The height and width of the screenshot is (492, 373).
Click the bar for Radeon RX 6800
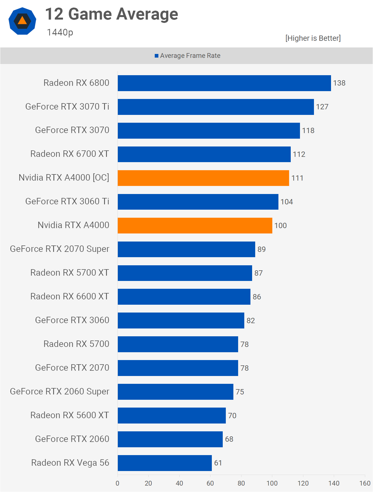224,83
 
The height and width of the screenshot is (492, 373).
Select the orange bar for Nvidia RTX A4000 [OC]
203,178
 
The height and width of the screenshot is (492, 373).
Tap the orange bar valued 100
195,226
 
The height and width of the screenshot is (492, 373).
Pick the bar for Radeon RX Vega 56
165,463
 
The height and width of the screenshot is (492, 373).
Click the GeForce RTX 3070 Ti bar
216,107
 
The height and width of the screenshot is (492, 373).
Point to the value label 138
339,83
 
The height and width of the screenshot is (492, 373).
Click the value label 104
287,202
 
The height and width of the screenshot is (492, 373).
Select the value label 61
218,463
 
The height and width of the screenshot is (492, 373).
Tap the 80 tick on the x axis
241,483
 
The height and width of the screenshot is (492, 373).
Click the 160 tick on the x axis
365,483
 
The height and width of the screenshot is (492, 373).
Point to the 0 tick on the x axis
118,483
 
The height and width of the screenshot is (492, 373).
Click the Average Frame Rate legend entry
187,56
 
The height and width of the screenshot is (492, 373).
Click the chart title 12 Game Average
112,14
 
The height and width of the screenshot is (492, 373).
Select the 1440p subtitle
60,32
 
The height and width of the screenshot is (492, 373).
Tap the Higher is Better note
313,38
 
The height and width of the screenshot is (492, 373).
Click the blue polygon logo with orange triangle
22,21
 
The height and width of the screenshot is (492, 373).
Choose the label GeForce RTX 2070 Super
60,249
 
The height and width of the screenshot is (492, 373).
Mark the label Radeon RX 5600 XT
70,415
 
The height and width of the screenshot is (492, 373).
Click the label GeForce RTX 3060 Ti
67,202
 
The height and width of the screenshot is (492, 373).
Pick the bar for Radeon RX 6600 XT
184,297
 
